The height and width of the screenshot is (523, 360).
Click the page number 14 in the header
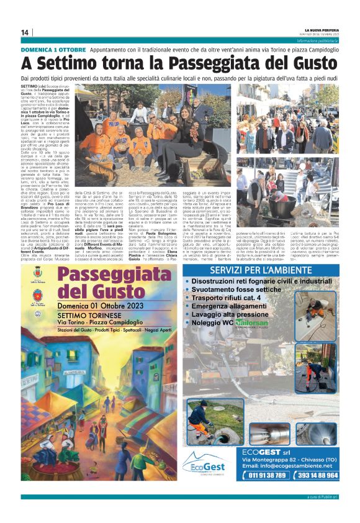point(25,33)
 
